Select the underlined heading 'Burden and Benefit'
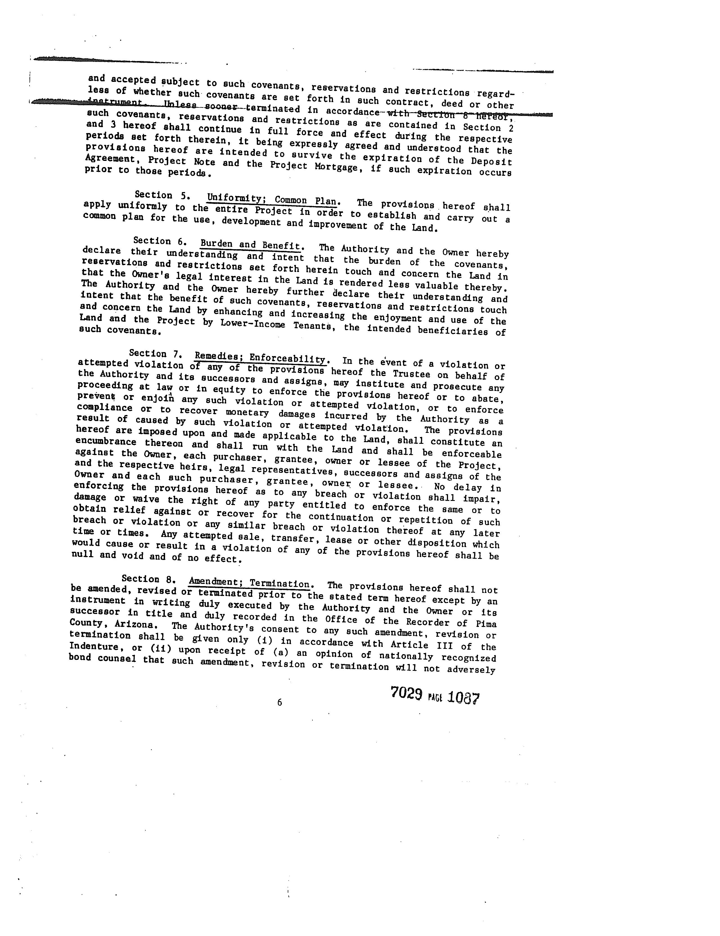[x=251, y=245]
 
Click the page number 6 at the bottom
[x=280, y=702]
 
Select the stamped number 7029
[x=406, y=693]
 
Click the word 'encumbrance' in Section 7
[x=105, y=442]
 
